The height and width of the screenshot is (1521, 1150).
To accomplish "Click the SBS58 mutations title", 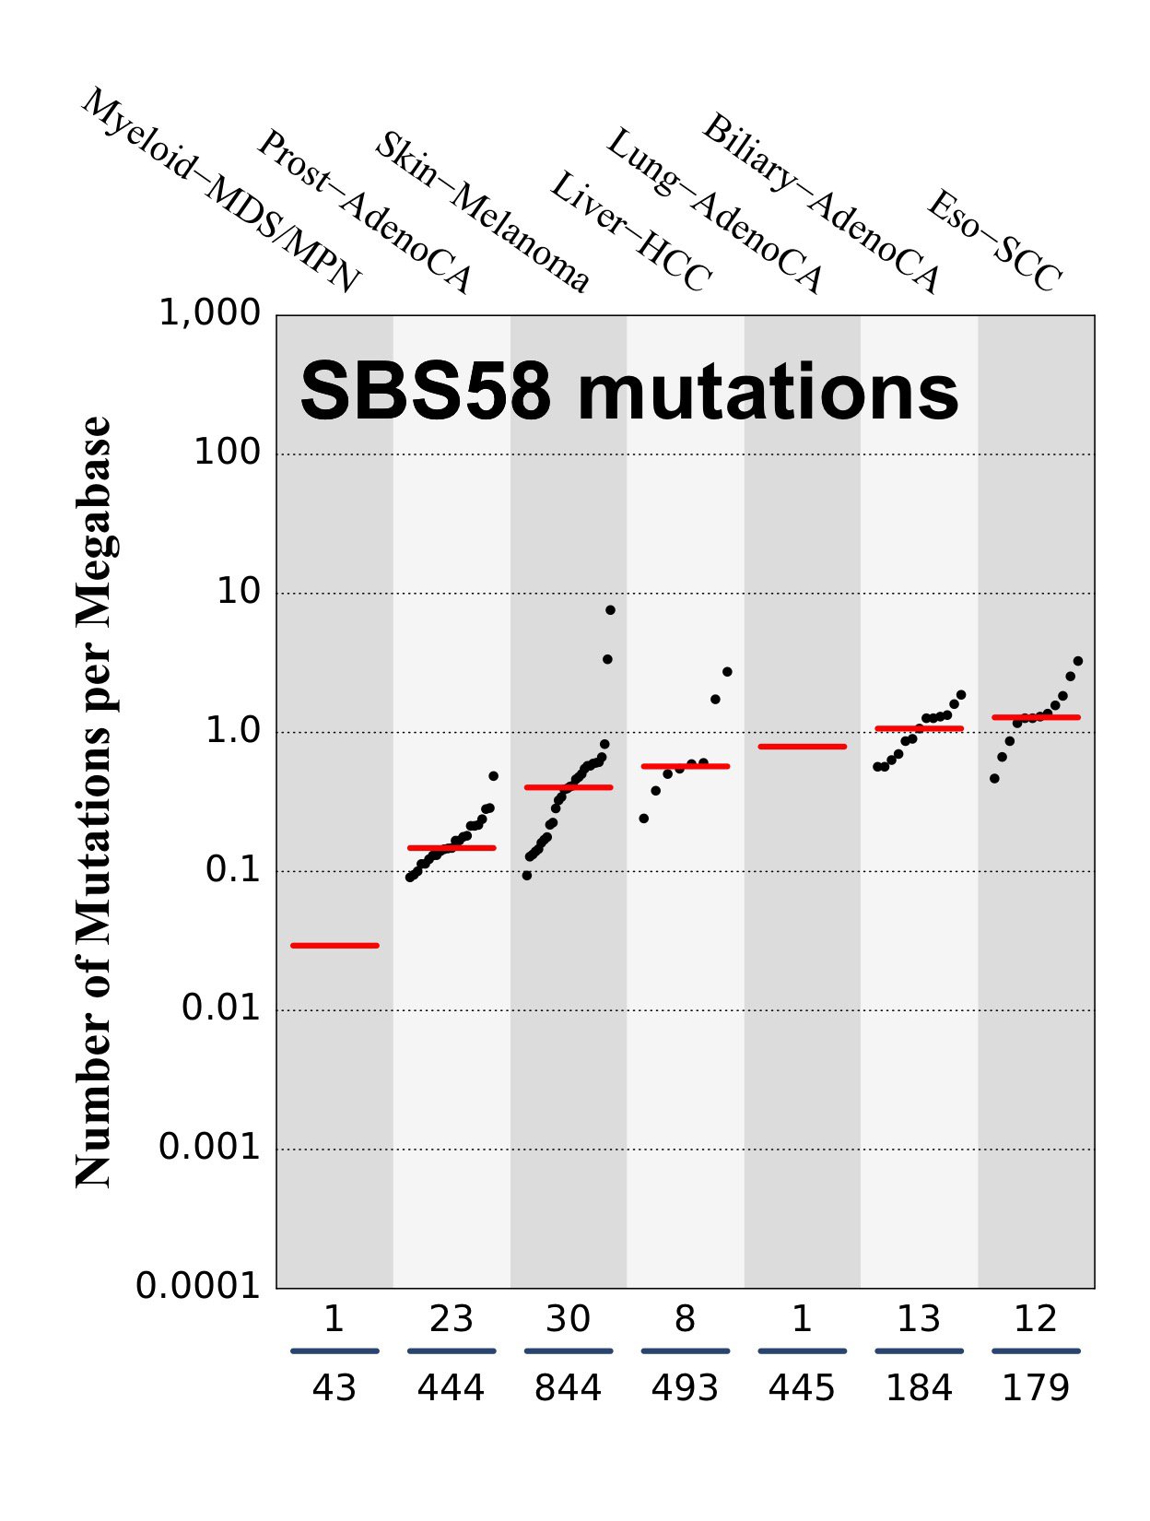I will (629, 392).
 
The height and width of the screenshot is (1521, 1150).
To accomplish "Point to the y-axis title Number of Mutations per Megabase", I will (93, 802).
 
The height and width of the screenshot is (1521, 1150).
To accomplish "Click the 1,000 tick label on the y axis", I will (210, 313).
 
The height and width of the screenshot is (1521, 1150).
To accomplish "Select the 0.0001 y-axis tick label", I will (198, 1286).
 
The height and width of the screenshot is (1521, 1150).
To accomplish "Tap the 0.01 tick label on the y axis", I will (221, 1008).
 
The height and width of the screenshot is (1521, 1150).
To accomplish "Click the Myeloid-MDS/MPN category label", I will (221, 192).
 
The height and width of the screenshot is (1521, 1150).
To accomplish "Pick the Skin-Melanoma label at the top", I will (481, 212).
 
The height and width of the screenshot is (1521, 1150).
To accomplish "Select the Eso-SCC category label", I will (994, 241).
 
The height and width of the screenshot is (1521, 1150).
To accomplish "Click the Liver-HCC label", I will (630, 232).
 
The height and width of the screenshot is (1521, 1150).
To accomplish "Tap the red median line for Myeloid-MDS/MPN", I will (334, 945).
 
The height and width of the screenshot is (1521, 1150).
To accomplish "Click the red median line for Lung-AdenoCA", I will (802, 746).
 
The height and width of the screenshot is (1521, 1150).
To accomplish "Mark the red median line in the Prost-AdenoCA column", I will (452, 847).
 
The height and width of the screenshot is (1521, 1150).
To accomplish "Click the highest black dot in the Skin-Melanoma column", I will (610, 610).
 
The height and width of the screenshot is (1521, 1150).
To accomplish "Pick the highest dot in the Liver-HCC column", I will (727, 672).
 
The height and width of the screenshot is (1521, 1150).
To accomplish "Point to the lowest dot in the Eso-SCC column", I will (994, 779).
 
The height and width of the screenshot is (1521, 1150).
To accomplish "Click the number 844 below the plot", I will (568, 1388).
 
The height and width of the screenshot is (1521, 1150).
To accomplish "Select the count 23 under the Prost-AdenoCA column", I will (451, 1320).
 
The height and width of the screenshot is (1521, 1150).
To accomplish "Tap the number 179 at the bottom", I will (1036, 1388).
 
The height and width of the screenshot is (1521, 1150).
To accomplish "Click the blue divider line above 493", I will (685, 1351).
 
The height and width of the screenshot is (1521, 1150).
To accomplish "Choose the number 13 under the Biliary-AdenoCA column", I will (919, 1320).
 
